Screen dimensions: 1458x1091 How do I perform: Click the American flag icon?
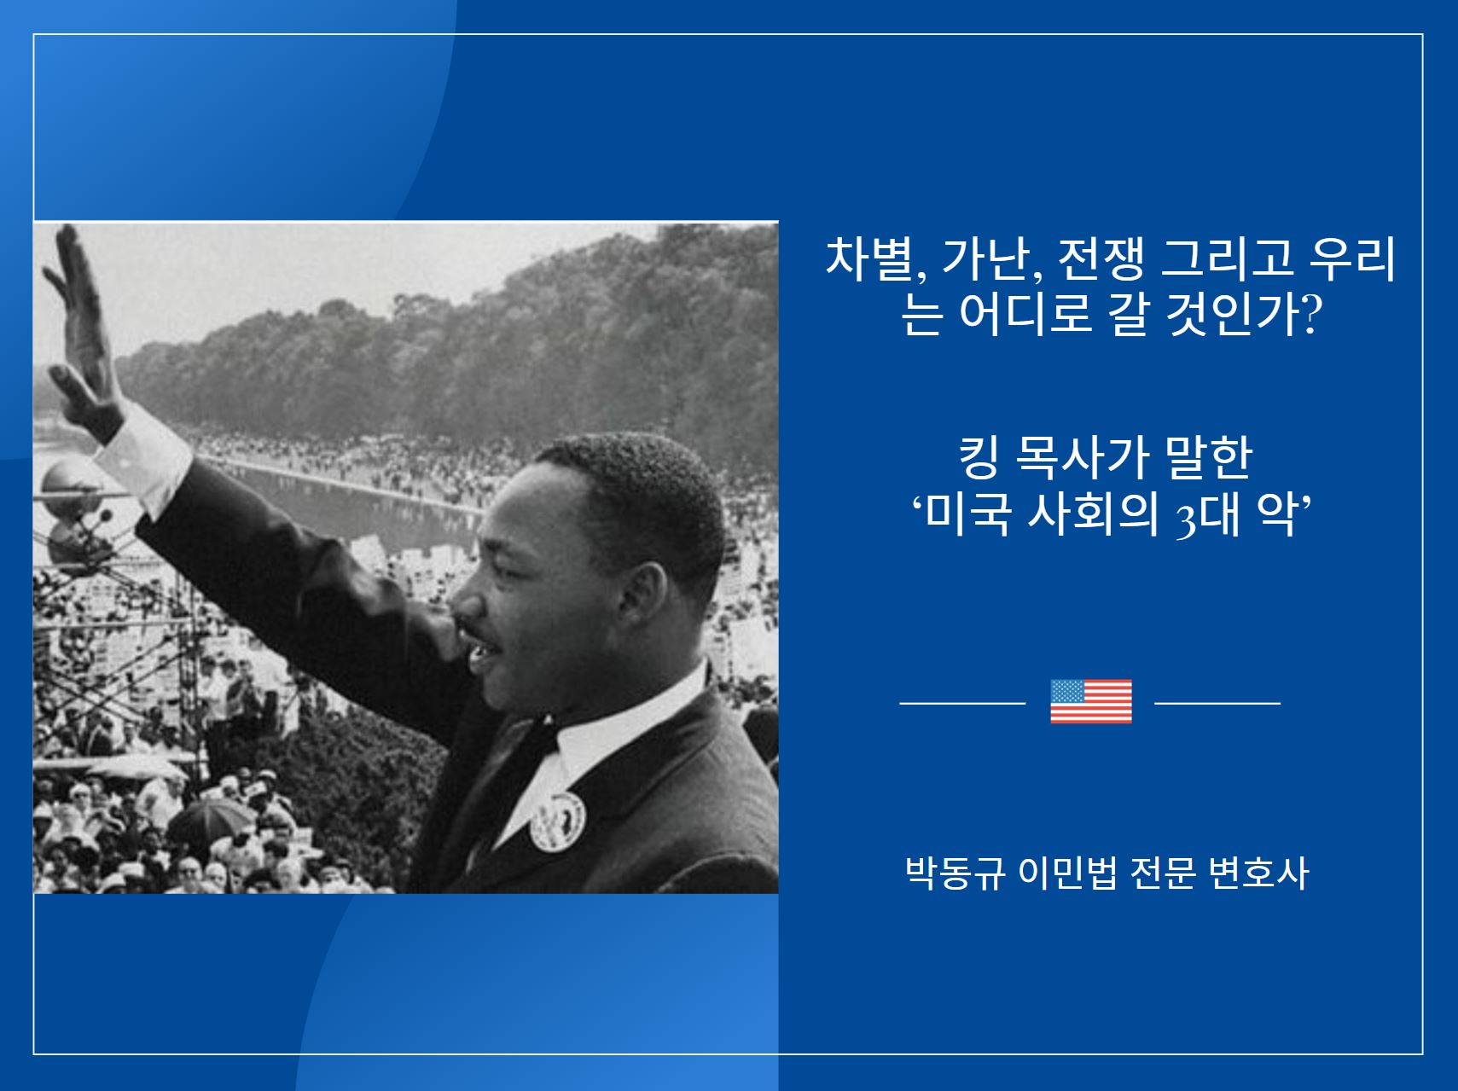point(1090,701)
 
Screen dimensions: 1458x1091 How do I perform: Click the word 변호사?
point(1258,873)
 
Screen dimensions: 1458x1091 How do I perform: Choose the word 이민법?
point(1067,873)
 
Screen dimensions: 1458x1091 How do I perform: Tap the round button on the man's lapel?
point(558,821)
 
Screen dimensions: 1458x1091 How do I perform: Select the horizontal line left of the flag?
point(962,703)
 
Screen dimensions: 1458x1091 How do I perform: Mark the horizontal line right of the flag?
point(1217,703)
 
